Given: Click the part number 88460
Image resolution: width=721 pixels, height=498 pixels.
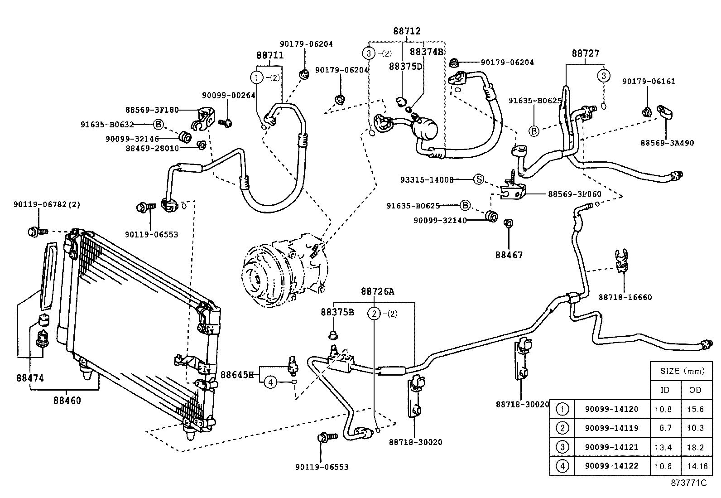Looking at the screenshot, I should tap(67, 401).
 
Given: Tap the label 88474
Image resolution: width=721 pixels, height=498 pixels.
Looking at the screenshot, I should tap(30, 378).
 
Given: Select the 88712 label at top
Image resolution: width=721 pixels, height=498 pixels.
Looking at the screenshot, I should tap(406, 31).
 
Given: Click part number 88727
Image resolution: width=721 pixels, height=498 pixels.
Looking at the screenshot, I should tap(585, 53).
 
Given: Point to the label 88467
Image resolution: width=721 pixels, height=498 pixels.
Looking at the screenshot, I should tap(509, 255).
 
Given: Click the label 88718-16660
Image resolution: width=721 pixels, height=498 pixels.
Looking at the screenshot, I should tap(625, 297).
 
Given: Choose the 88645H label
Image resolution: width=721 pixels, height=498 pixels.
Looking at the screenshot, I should tap(237, 375).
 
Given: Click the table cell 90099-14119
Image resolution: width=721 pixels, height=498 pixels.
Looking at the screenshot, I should tap(611, 428).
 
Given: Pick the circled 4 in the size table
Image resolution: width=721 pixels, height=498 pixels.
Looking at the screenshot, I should tap(562, 466).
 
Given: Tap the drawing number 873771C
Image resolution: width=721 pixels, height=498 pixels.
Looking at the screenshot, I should tap(688, 483).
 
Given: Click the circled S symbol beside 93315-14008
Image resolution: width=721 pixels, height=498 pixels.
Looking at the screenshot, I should tap(478, 179).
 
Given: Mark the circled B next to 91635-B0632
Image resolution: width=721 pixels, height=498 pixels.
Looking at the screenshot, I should tap(158, 124).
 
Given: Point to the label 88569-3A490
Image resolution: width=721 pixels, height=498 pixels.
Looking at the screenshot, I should tap(667, 143).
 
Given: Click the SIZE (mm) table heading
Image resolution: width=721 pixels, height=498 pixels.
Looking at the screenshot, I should tap(682, 371).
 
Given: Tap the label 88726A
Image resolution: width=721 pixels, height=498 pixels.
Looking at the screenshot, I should tap(377, 292).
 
